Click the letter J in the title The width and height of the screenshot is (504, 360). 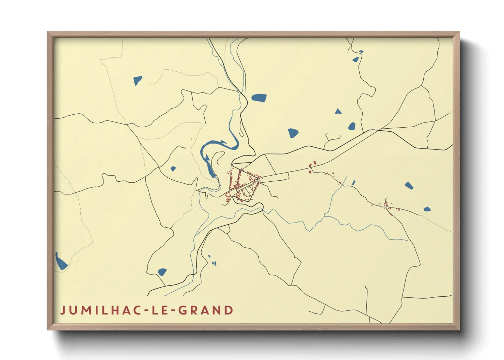point(63,310)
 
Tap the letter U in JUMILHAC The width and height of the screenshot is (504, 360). point(73,310)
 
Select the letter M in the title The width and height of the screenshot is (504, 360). point(85,310)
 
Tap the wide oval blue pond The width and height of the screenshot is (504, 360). point(259,98)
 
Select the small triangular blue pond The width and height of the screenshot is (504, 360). point(338,111)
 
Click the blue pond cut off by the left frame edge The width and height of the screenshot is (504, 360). point(61,262)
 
